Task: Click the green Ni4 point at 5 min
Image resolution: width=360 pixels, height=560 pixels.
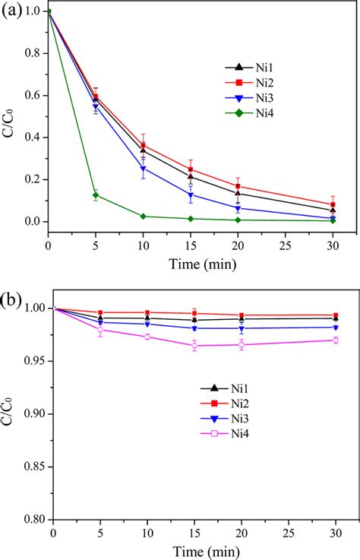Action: pyautogui.click(x=96, y=195)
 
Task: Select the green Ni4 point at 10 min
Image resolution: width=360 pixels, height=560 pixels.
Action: pyautogui.click(x=144, y=217)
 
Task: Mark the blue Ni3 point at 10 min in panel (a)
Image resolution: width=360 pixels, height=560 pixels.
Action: pyautogui.click(x=144, y=169)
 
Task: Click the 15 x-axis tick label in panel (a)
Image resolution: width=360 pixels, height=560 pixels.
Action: pyautogui.click(x=191, y=240)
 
